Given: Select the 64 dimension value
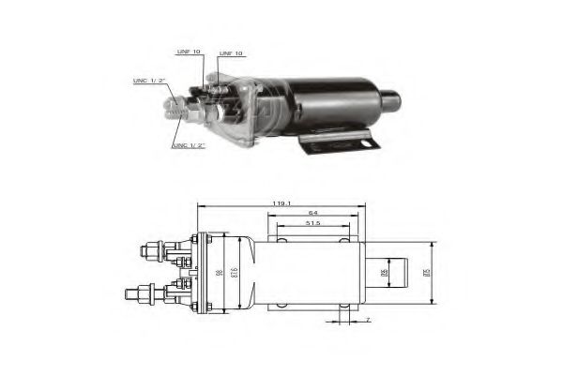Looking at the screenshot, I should [x=313, y=211].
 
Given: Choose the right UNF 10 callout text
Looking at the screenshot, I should [x=230, y=53].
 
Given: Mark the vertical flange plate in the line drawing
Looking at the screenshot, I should [x=199, y=272].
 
